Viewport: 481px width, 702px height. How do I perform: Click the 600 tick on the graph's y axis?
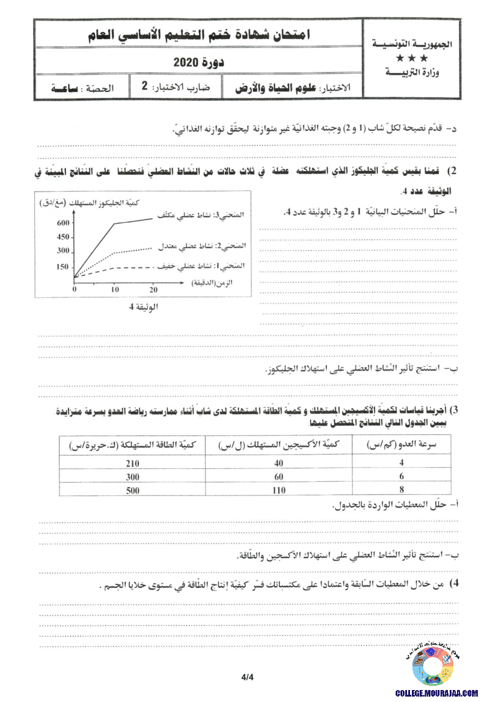pyautogui.click(x=63, y=223)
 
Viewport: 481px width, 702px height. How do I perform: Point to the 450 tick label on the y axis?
pyautogui.click(x=63, y=237)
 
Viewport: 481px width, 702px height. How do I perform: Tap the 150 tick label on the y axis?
pyautogui.click(x=63, y=267)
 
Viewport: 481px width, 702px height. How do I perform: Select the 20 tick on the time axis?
pyautogui.click(x=153, y=289)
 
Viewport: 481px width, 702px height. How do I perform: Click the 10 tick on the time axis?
pyautogui.click(x=115, y=289)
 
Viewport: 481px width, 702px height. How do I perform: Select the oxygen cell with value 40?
pyautogui.click(x=278, y=463)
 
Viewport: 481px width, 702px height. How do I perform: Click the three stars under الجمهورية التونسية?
pyautogui.click(x=412, y=58)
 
